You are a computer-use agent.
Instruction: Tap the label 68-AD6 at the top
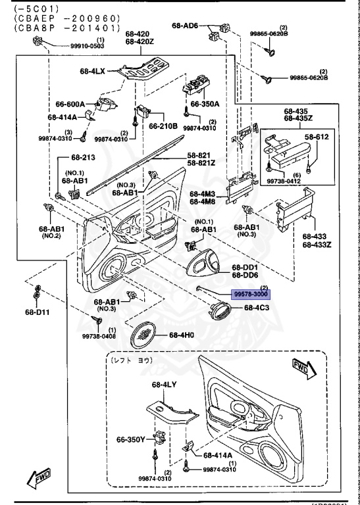point(185,26)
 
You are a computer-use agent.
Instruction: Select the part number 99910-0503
point(87,46)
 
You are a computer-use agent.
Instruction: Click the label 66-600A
point(69,104)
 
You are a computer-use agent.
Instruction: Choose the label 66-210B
point(163,126)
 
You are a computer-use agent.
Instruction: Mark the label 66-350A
point(205,104)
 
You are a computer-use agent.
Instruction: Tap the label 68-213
point(84,158)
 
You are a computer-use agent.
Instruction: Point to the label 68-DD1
point(245,268)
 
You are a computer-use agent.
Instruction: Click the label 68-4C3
point(257,307)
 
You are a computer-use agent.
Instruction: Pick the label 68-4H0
point(182,335)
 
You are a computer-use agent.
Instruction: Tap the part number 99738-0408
point(99,336)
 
